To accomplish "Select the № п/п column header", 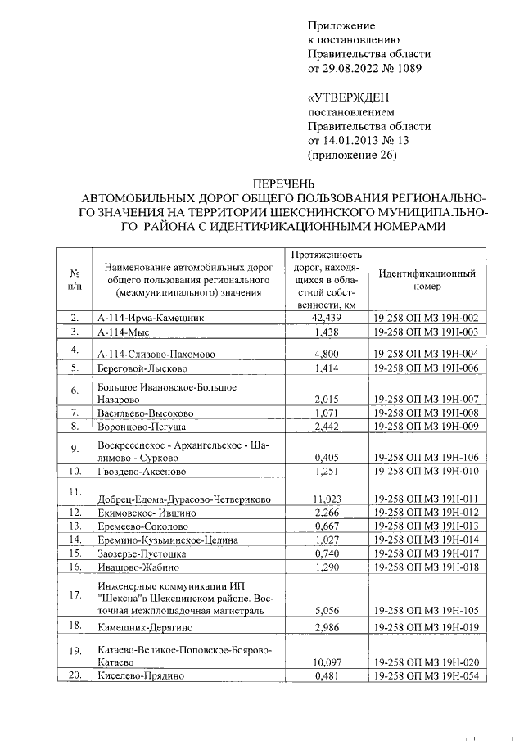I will (x=75, y=279).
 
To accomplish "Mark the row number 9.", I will (x=75, y=448).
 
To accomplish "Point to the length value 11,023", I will (x=327, y=499).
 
